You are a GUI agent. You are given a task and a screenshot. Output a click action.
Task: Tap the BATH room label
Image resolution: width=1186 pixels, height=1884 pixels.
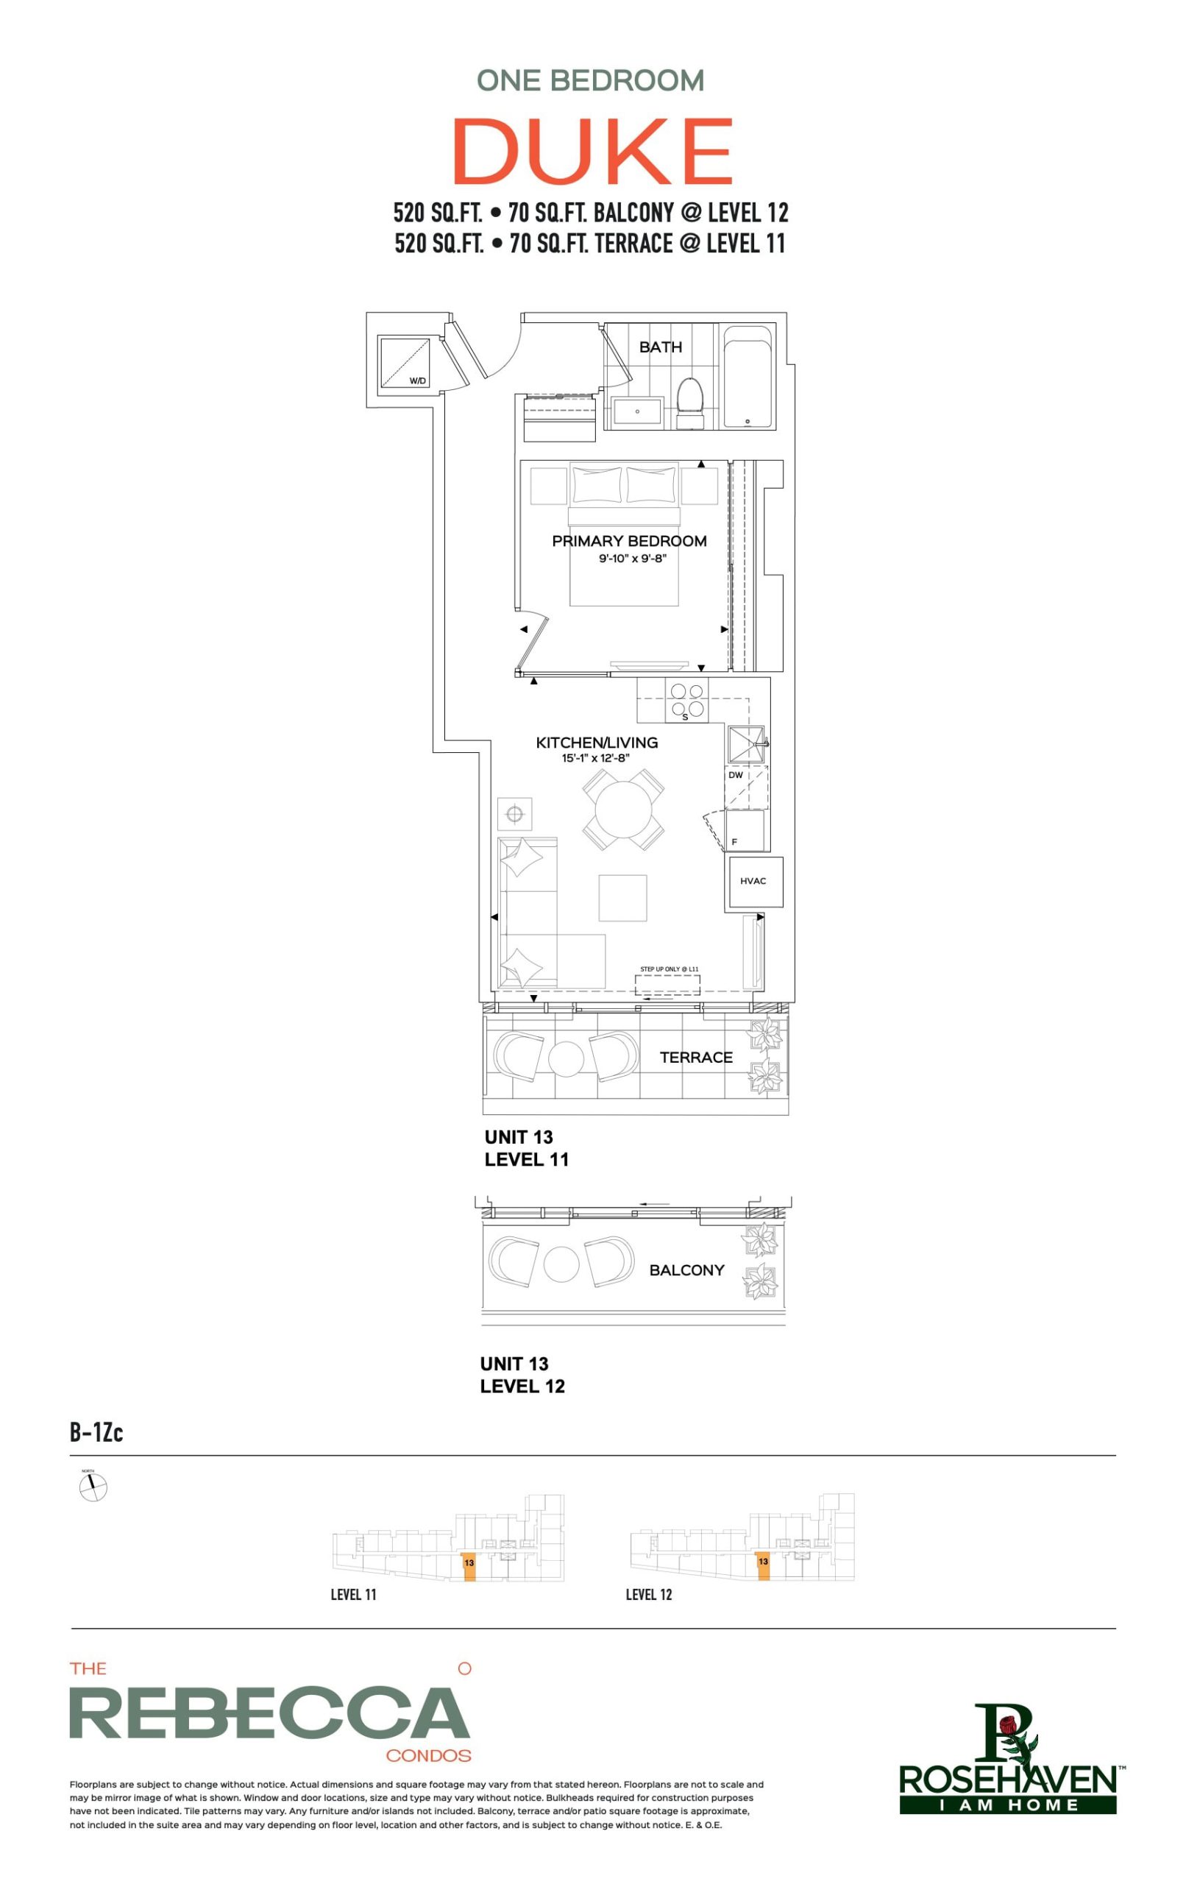coord(660,347)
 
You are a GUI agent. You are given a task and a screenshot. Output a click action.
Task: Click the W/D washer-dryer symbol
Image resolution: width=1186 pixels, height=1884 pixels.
coord(405,362)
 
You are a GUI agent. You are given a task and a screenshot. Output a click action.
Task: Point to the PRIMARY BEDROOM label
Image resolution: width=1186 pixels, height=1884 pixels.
coord(629,541)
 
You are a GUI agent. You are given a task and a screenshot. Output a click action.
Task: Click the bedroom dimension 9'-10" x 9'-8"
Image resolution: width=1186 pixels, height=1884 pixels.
coord(632,559)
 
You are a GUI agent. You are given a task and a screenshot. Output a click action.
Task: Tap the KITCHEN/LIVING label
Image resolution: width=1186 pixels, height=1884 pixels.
coord(596,743)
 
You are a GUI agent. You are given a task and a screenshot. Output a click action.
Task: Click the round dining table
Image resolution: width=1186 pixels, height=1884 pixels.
coord(623,810)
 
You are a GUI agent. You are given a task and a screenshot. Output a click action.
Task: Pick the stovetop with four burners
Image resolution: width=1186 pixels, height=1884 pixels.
coord(687,700)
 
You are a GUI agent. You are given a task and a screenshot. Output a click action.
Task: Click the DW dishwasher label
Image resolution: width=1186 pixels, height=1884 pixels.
coord(736,776)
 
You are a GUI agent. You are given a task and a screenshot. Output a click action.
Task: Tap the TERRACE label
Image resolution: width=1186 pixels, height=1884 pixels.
coord(695,1058)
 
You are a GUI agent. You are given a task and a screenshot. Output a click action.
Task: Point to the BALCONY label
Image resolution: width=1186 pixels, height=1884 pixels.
coord(686,1269)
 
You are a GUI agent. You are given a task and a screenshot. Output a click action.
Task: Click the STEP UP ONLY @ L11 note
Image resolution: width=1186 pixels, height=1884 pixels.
coord(669,969)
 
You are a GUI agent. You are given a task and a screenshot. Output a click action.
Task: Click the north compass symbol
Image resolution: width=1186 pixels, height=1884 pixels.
coord(93,1487)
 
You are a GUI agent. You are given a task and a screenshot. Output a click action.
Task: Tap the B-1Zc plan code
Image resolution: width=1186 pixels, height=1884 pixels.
coord(96,1432)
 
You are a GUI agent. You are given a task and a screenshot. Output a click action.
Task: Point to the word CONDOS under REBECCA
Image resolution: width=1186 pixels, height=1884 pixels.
coord(428,1756)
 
